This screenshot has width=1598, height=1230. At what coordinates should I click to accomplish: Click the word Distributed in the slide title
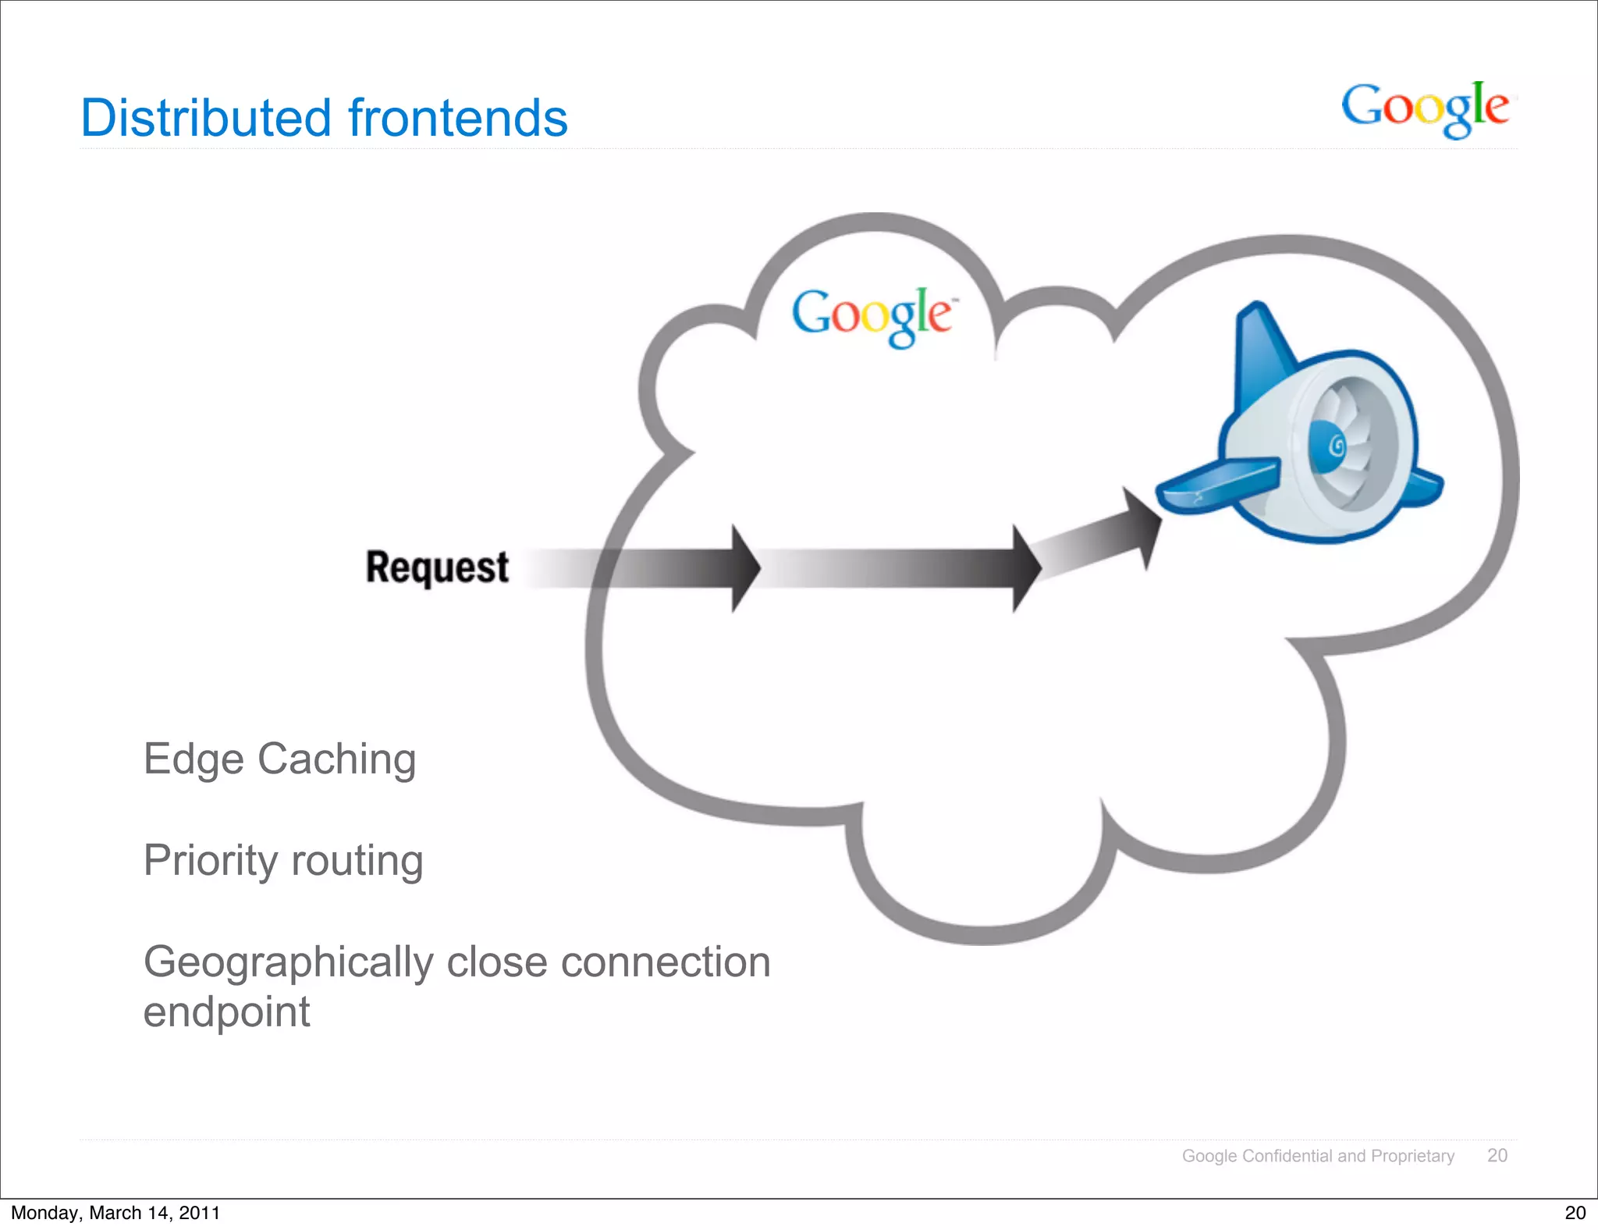206,118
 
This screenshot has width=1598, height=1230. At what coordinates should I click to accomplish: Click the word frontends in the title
458,118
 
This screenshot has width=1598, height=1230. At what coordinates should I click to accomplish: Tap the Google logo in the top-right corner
1425,108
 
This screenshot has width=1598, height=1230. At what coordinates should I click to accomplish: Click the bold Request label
437,567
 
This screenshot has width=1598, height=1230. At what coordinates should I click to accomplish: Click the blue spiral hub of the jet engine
1333,446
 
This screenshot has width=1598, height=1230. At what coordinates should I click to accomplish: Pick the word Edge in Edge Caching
193,759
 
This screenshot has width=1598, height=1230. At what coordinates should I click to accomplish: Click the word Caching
336,759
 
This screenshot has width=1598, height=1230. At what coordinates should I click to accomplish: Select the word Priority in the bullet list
211,861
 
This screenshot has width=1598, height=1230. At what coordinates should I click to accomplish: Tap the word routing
357,861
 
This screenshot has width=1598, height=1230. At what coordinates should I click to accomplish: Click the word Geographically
288,962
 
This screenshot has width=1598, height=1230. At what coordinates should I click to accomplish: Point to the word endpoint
226,1012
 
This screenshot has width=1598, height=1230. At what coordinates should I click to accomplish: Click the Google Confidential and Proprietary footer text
1318,1156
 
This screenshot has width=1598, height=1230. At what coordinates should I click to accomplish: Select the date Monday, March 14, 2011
115,1213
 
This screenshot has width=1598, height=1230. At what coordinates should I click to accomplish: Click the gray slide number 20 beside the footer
1497,1156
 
